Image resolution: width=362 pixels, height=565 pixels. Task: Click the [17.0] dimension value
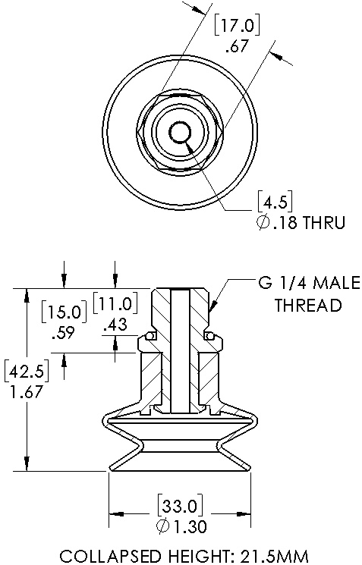238,27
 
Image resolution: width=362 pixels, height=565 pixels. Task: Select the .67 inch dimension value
238,47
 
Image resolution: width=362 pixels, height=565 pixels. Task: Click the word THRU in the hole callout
325,223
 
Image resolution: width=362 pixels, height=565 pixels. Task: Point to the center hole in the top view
180,133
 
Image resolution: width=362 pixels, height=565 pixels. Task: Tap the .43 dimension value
115,325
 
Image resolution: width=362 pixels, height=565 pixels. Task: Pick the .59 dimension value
60,332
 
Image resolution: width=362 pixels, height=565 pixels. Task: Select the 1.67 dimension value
24,392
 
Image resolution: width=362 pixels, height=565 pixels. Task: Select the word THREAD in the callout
307,306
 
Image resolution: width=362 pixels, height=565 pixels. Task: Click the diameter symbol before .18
264,223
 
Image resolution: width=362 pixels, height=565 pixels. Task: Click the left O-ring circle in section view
151,336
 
